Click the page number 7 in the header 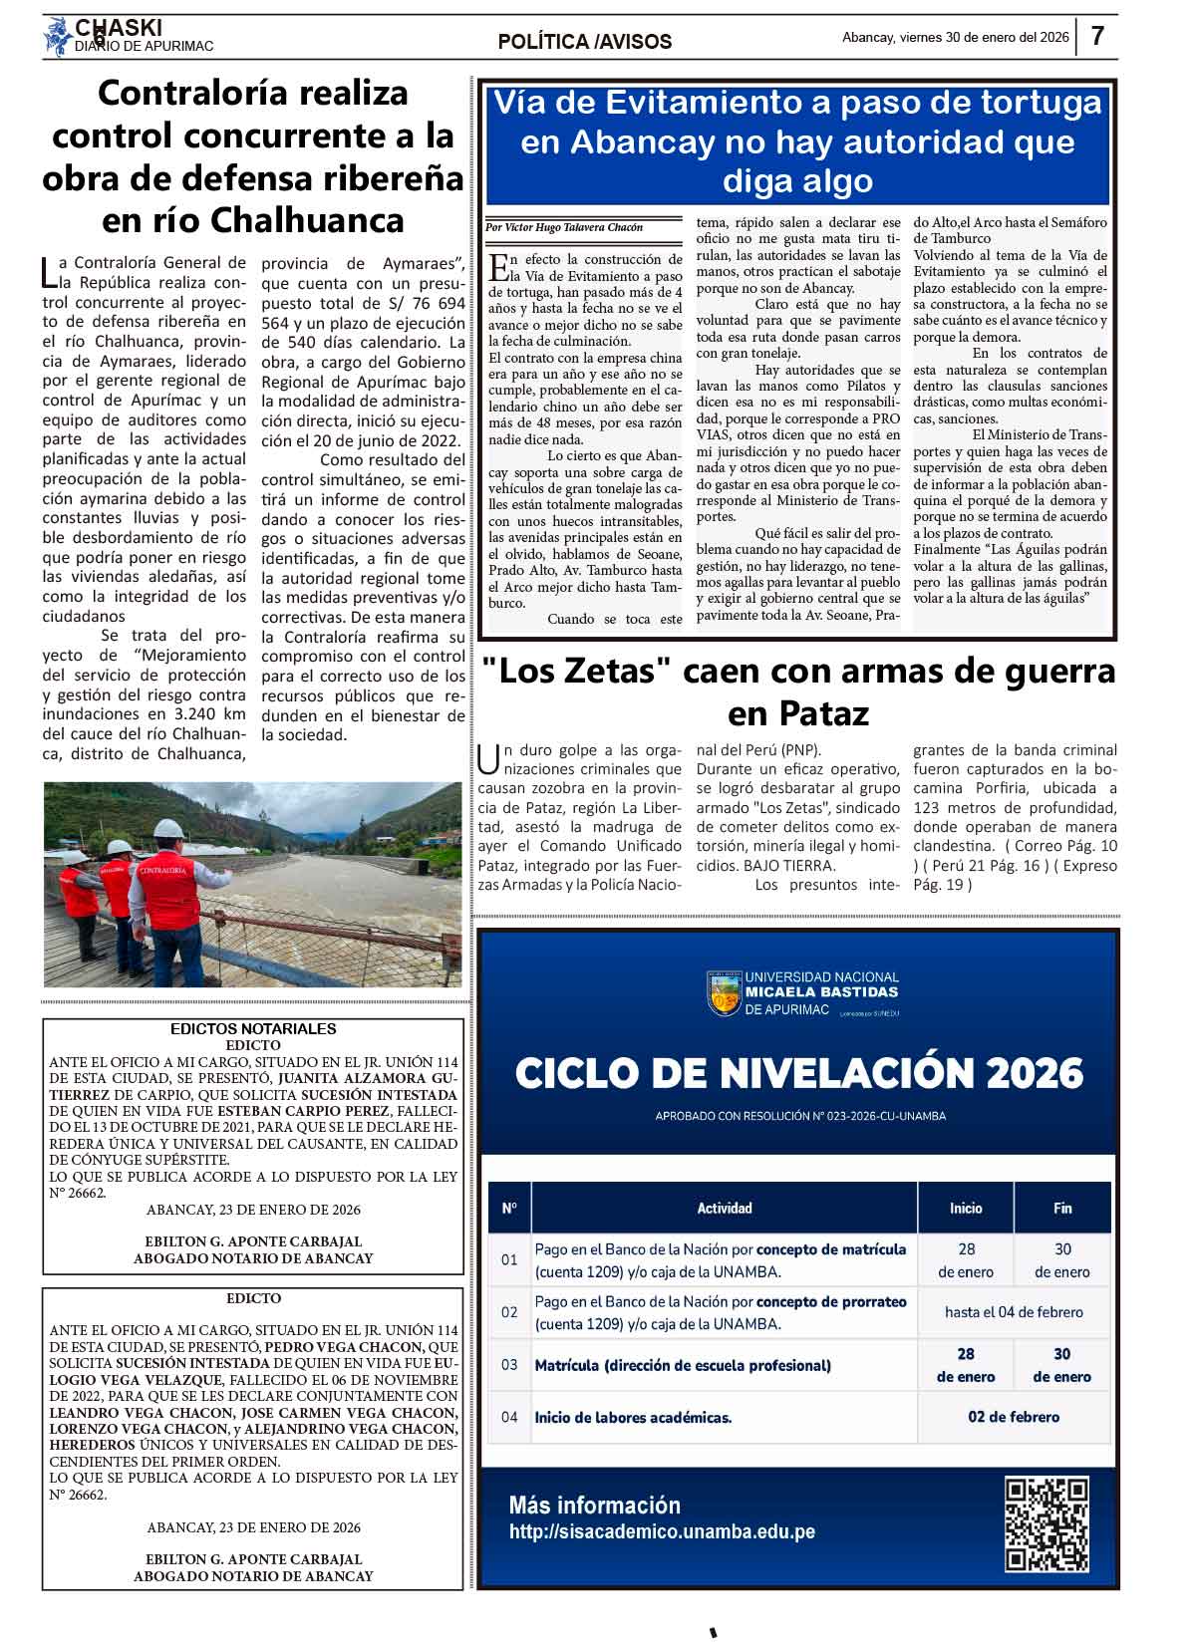pos(1097,37)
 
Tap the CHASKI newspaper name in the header pos(119,28)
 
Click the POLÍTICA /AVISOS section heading pos(585,42)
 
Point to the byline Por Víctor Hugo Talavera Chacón pos(564,227)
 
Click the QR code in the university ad pos(1046,1524)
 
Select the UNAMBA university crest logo pos(724,992)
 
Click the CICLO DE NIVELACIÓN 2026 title pos(798,1073)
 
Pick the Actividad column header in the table pos(725,1208)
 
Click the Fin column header pos(1062,1208)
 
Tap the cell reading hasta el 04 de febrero pos(1014,1312)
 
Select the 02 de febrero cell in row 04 pos(1014,1417)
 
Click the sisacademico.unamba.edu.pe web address pos(662,1532)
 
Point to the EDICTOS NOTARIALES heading pos(253,1029)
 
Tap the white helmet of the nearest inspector pos(169,829)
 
